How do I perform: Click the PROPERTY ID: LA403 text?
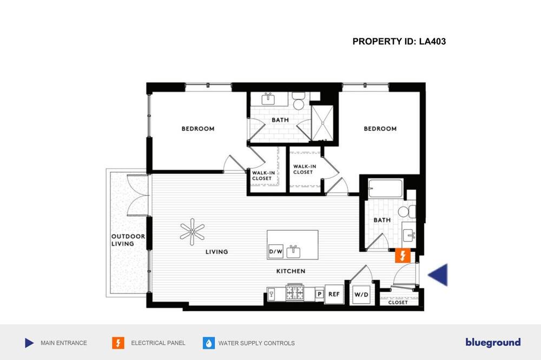coord(399,42)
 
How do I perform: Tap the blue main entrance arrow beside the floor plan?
coord(439,275)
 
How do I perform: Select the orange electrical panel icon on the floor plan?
coord(403,256)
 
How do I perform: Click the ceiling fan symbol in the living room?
coord(192,232)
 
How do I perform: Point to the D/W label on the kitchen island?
coord(276,252)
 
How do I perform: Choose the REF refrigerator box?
coord(334,294)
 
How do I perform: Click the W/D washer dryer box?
coord(361,295)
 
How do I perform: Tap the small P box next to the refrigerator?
coord(320,294)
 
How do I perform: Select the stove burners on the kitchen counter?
coord(295,293)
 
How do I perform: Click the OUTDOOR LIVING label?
coord(128,240)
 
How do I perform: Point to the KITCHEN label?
coord(291,271)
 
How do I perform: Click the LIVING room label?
coord(217,252)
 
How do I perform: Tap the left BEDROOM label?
coord(198,129)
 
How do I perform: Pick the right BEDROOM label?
coord(380,129)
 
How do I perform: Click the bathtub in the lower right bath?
coord(385,188)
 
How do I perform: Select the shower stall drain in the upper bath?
coord(323,123)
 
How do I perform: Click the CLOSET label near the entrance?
coord(398,302)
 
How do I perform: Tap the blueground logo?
coord(493,342)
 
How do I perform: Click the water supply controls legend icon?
coord(209,343)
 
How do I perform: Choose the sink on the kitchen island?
coord(293,252)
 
